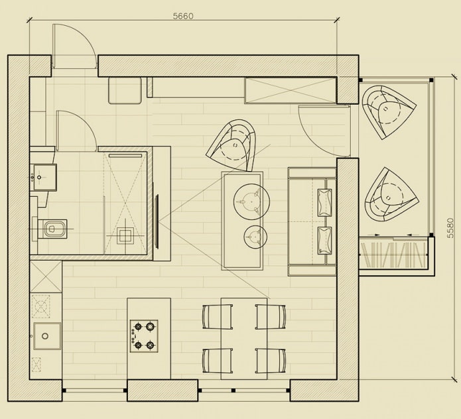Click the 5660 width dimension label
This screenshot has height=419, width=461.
pos(183,16)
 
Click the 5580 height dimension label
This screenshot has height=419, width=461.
pos(451,227)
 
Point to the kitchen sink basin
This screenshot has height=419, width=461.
pos(46,336)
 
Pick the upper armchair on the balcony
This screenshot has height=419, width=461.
pos(389,109)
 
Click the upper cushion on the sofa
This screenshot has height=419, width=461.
pos(324,202)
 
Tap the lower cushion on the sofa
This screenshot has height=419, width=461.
pos(324,239)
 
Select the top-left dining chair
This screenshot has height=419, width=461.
pos(217,316)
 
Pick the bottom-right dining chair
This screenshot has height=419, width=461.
pos(271,361)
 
